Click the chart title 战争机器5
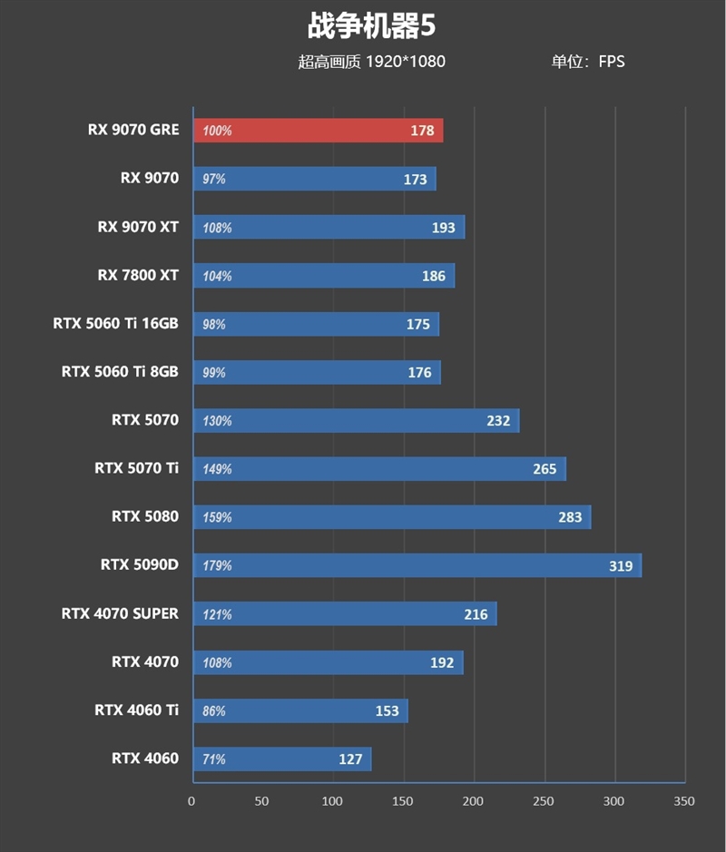click(371, 25)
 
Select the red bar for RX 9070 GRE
click(318, 131)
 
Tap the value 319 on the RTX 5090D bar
click(621, 566)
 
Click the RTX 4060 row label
click(145, 759)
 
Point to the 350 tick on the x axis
click(684, 801)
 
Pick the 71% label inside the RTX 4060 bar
click(214, 759)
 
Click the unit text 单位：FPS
click(587, 62)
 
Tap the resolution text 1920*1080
click(405, 62)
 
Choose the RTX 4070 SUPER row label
click(120, 613)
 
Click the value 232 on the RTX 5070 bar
click(498, 421)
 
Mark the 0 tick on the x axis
click(191, 801)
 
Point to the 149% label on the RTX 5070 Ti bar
click(218, 469)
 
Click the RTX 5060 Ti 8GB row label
click(120, 371)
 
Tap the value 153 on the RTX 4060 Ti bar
click(387, 711)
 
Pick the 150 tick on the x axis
click(403, 801)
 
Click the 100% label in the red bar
click(218, 131)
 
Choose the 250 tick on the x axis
click(544, 801)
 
